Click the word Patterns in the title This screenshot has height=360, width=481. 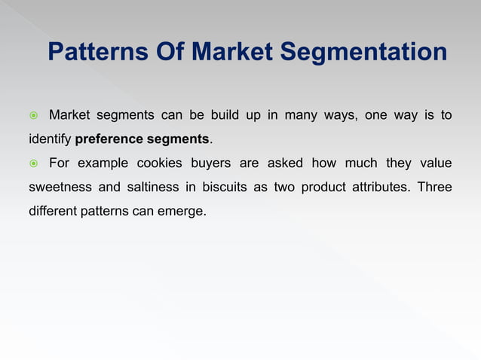92,53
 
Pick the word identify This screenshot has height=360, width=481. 50,139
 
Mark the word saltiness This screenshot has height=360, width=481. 143,188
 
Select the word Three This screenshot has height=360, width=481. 436,188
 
